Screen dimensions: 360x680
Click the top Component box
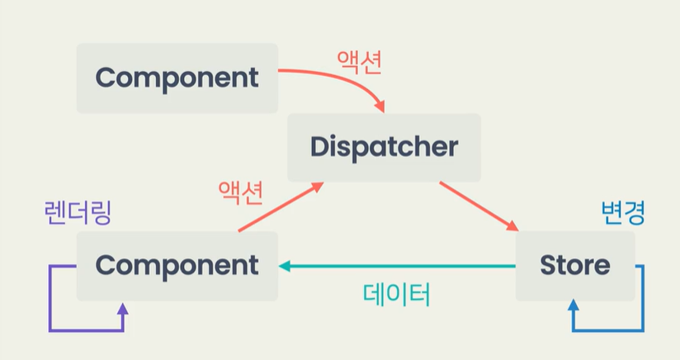point(177,78)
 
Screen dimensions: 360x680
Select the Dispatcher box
point(384,147)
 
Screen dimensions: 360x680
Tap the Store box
point(575,266)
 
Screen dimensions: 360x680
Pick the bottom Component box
point(177,266)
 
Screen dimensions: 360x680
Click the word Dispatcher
point(384,147)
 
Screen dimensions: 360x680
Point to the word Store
point(575,266)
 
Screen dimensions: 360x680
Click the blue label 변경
point(621,212)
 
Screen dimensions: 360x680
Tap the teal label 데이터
point(396,294)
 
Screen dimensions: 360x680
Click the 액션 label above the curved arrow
point(359,62)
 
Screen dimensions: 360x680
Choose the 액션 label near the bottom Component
point(240,192)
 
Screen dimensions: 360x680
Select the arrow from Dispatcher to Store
point(479,206)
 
